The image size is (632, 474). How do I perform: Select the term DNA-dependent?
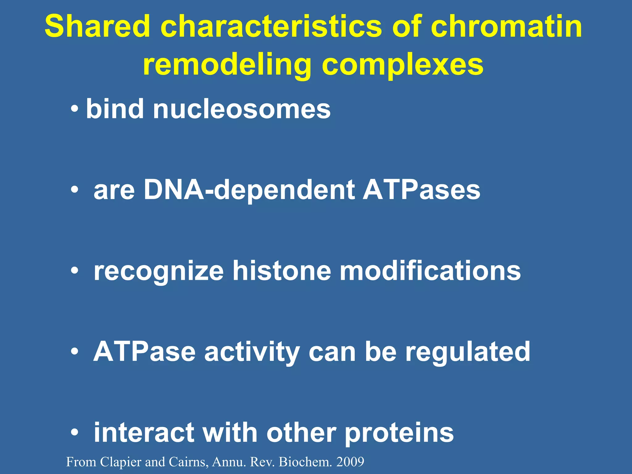coord(249,190)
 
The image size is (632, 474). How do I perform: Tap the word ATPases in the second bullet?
coord(421,190)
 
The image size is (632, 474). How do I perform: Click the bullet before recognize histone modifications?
coord(74,271)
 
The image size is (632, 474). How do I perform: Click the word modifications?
coord(430,271)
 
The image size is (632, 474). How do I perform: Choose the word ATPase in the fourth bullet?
coord(144,352)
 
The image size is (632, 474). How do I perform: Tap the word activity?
coord(252,352)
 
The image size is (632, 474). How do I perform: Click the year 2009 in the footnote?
coord(350,462)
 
